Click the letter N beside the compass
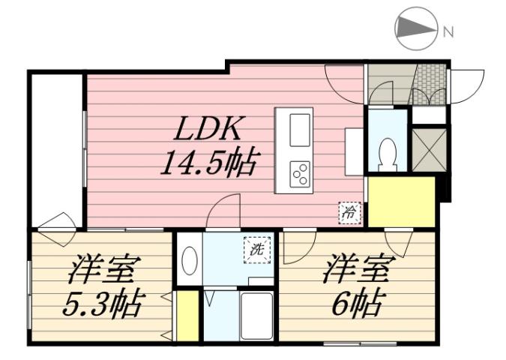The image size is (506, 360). (x=448, y=31)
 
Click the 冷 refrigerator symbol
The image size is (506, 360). (x=349, y=212)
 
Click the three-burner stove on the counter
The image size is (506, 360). (x=300, y=174)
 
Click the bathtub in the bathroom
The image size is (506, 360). (x=256, y=315)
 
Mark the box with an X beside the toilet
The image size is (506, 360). (x=430, y=149)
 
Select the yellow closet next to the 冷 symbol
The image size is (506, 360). (x=402, y=201)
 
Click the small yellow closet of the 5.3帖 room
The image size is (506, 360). (x=187, y=316)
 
